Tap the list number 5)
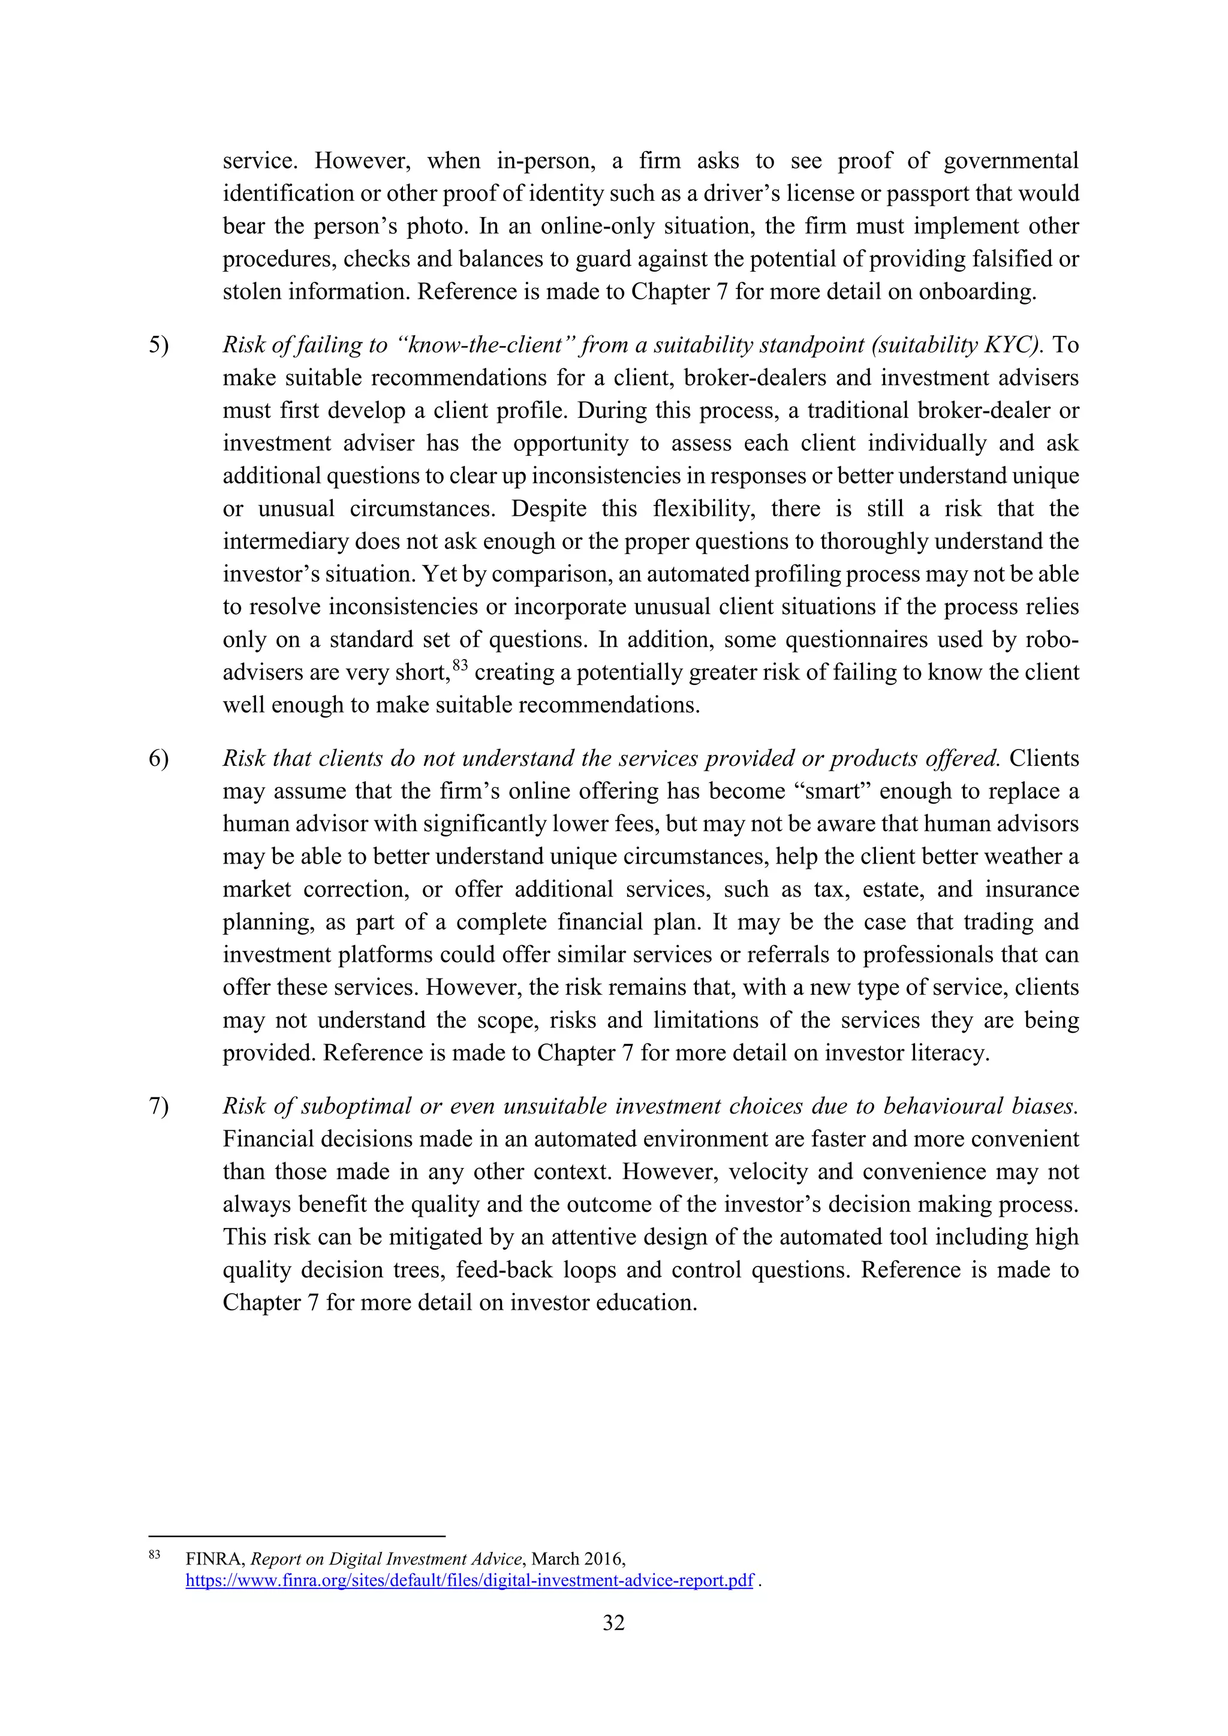(x=159, y=345)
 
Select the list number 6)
(x=159, y=759)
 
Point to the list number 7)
(x=159, y=1106)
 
